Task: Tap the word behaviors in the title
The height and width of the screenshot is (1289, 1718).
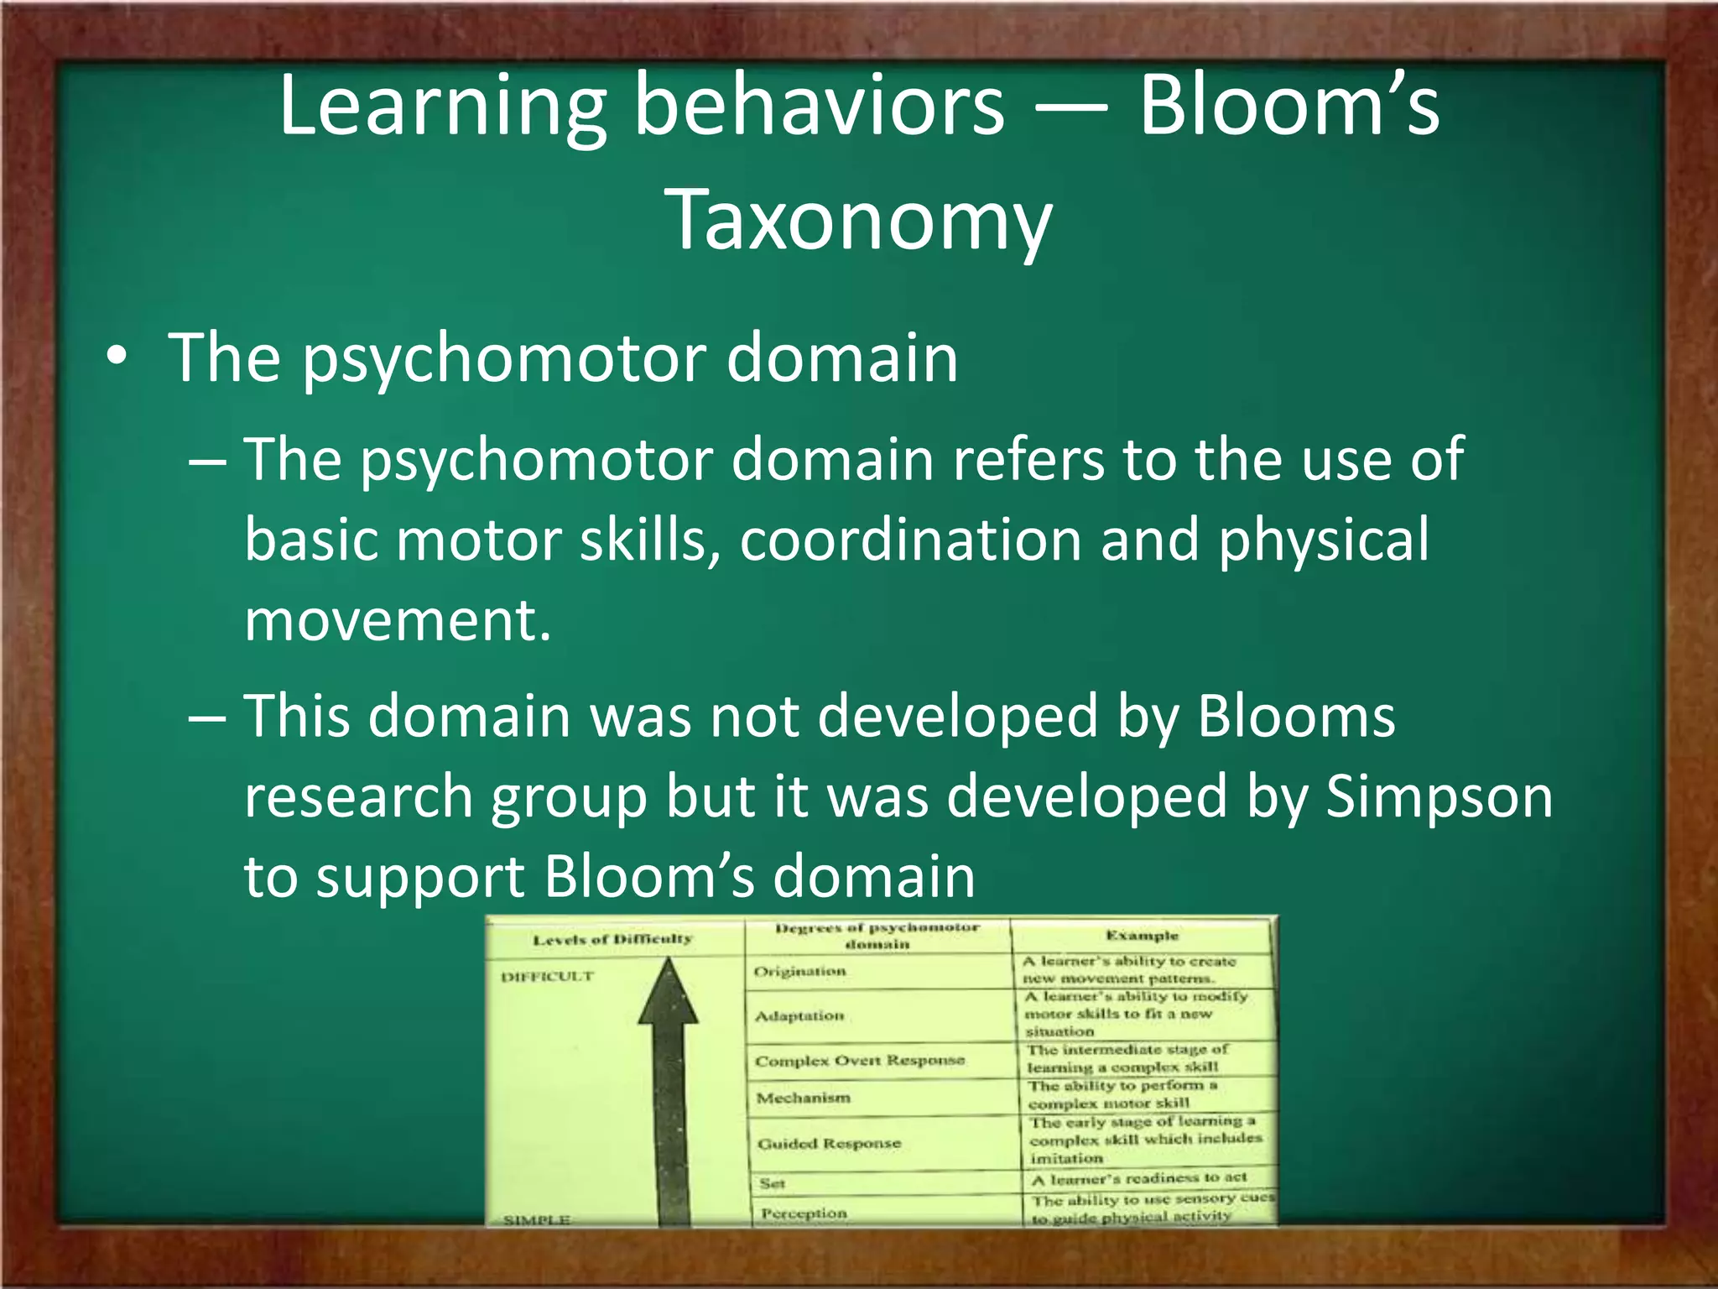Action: pos(818,107)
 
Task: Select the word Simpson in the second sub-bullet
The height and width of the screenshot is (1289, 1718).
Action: pos(1439,796)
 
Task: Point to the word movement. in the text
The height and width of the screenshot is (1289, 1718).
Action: pos(398,620)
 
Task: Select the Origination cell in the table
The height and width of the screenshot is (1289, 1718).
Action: pos(799,972)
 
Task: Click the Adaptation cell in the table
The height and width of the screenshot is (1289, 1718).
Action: pos(799,1016)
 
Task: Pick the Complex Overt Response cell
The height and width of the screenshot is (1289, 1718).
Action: pos(860,1061)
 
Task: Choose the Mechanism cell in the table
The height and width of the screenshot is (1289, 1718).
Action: pos(803,1098)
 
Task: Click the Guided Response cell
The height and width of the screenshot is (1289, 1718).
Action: pos(829,1143)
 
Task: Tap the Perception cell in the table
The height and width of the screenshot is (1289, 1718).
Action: pos(803,1213)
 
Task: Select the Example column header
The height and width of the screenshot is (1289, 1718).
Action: pos(1141,936)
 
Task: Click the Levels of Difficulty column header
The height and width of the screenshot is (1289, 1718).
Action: pos(612,939)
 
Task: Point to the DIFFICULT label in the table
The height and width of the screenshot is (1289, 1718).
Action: pos(547,977)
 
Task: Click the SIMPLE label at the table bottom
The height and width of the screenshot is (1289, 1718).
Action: pos(536,1219)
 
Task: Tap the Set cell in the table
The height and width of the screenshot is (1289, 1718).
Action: pos(772,1183)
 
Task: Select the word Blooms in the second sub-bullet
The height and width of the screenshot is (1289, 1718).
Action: pos(1296,717)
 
